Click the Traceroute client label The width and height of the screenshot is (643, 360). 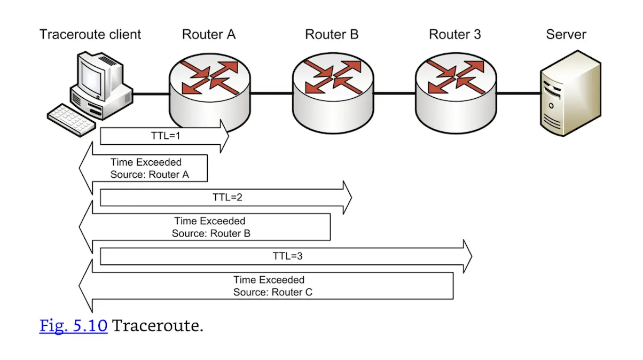(x=90, y=35)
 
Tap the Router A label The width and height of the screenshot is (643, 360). (x=209, y=35)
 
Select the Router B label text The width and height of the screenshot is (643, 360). (x=332, y=35)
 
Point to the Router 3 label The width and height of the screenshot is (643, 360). (x=454, y=35)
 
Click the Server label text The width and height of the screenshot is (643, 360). (x=566, y=35)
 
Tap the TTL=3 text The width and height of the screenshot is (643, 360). (x=288, y=256)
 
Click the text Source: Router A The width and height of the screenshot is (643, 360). (x=150, y=175)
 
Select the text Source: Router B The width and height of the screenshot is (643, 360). (x=211, y=233)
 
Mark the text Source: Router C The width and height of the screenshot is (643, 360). (x=273, y=292)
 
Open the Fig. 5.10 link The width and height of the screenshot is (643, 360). (x=74, y=326)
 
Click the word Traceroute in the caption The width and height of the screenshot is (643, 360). (x=158, y=326)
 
